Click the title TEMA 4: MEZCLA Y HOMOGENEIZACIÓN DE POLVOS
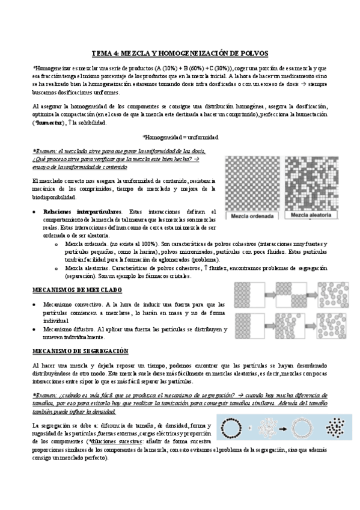click(x=180, y=53)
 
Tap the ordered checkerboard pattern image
click(x=252, y=182)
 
